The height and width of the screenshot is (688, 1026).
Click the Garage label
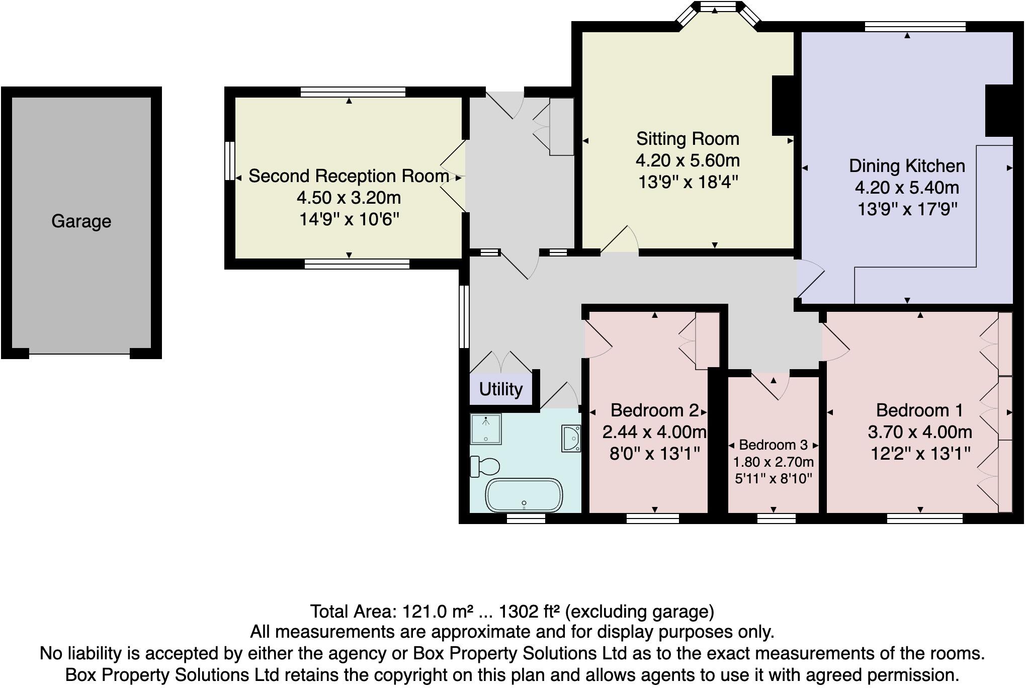click(81, 221)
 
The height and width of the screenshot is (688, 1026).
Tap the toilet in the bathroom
click(484, 466)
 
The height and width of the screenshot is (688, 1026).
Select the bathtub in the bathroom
click(524, 495)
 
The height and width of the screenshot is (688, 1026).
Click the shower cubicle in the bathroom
click(485, 428)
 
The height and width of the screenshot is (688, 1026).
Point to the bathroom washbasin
click(571, 438)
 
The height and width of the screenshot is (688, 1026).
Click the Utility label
click(500, 389)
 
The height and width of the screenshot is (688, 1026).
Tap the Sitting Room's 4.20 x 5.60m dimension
click(688, 160)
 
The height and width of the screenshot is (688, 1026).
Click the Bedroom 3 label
click(773, 445)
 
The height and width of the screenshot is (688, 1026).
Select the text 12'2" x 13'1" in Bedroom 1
click(920, 454)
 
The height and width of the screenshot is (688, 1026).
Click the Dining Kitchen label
click(907, 166)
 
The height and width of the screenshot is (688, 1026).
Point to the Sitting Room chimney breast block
click(783, 105)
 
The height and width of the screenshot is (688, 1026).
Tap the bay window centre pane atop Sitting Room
click(718, 7)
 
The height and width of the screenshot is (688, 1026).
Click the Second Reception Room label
click(349, 176)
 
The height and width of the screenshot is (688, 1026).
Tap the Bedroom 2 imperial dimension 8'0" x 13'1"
click(654, 454)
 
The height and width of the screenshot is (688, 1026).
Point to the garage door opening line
click(79, 354)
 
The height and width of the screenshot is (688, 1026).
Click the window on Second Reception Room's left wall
click(229, 160)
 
